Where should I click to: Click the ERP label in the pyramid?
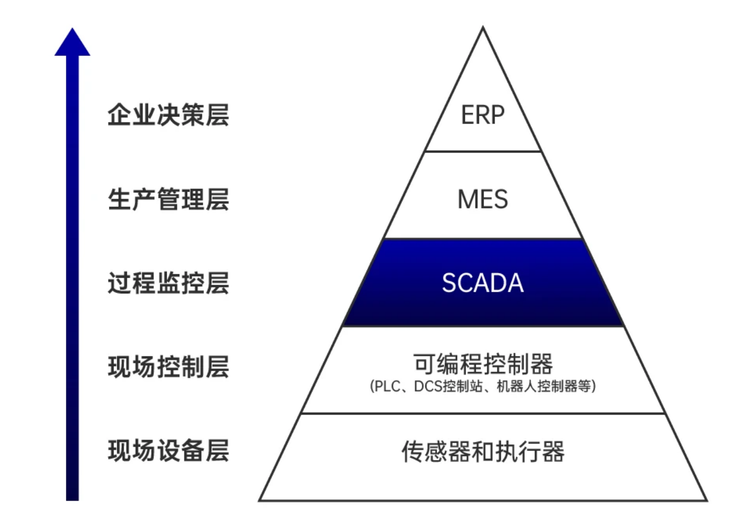482,116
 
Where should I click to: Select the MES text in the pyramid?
483,200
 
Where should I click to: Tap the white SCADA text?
483,283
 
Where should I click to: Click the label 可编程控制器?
483,364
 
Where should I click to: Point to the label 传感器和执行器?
483,452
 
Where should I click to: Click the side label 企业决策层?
168,115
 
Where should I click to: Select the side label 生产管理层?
168,200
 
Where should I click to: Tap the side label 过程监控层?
168,283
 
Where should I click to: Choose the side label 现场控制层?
168,367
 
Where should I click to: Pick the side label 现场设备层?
168,451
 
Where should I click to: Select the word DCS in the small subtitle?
428,386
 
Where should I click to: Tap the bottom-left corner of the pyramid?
260,500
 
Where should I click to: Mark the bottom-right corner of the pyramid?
706,500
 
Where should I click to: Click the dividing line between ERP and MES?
483,151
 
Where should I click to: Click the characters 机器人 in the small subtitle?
517,386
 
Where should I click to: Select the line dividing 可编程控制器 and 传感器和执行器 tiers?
483,414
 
